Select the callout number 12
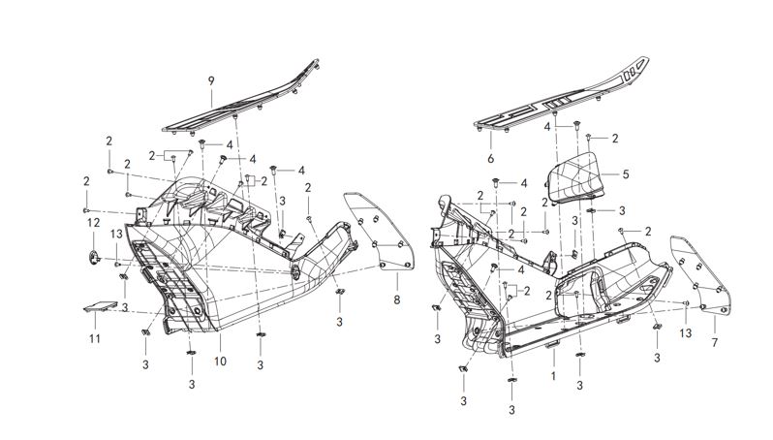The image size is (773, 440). click(93, 222)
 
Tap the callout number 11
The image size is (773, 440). click(95, 338)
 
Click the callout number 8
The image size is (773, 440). click(396, 300)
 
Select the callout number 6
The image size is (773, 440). click(490, 157)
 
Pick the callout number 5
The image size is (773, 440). click(626, 175)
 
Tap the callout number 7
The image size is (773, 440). click(714, 343)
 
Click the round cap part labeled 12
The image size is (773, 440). click(94, 256)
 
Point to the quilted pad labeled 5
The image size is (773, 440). click(578, 180)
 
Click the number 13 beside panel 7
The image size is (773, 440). click(685, 332)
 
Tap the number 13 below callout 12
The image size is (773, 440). click(115, 234)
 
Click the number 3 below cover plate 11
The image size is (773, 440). click(145, 364)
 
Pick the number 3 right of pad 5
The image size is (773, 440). click(622, 209)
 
